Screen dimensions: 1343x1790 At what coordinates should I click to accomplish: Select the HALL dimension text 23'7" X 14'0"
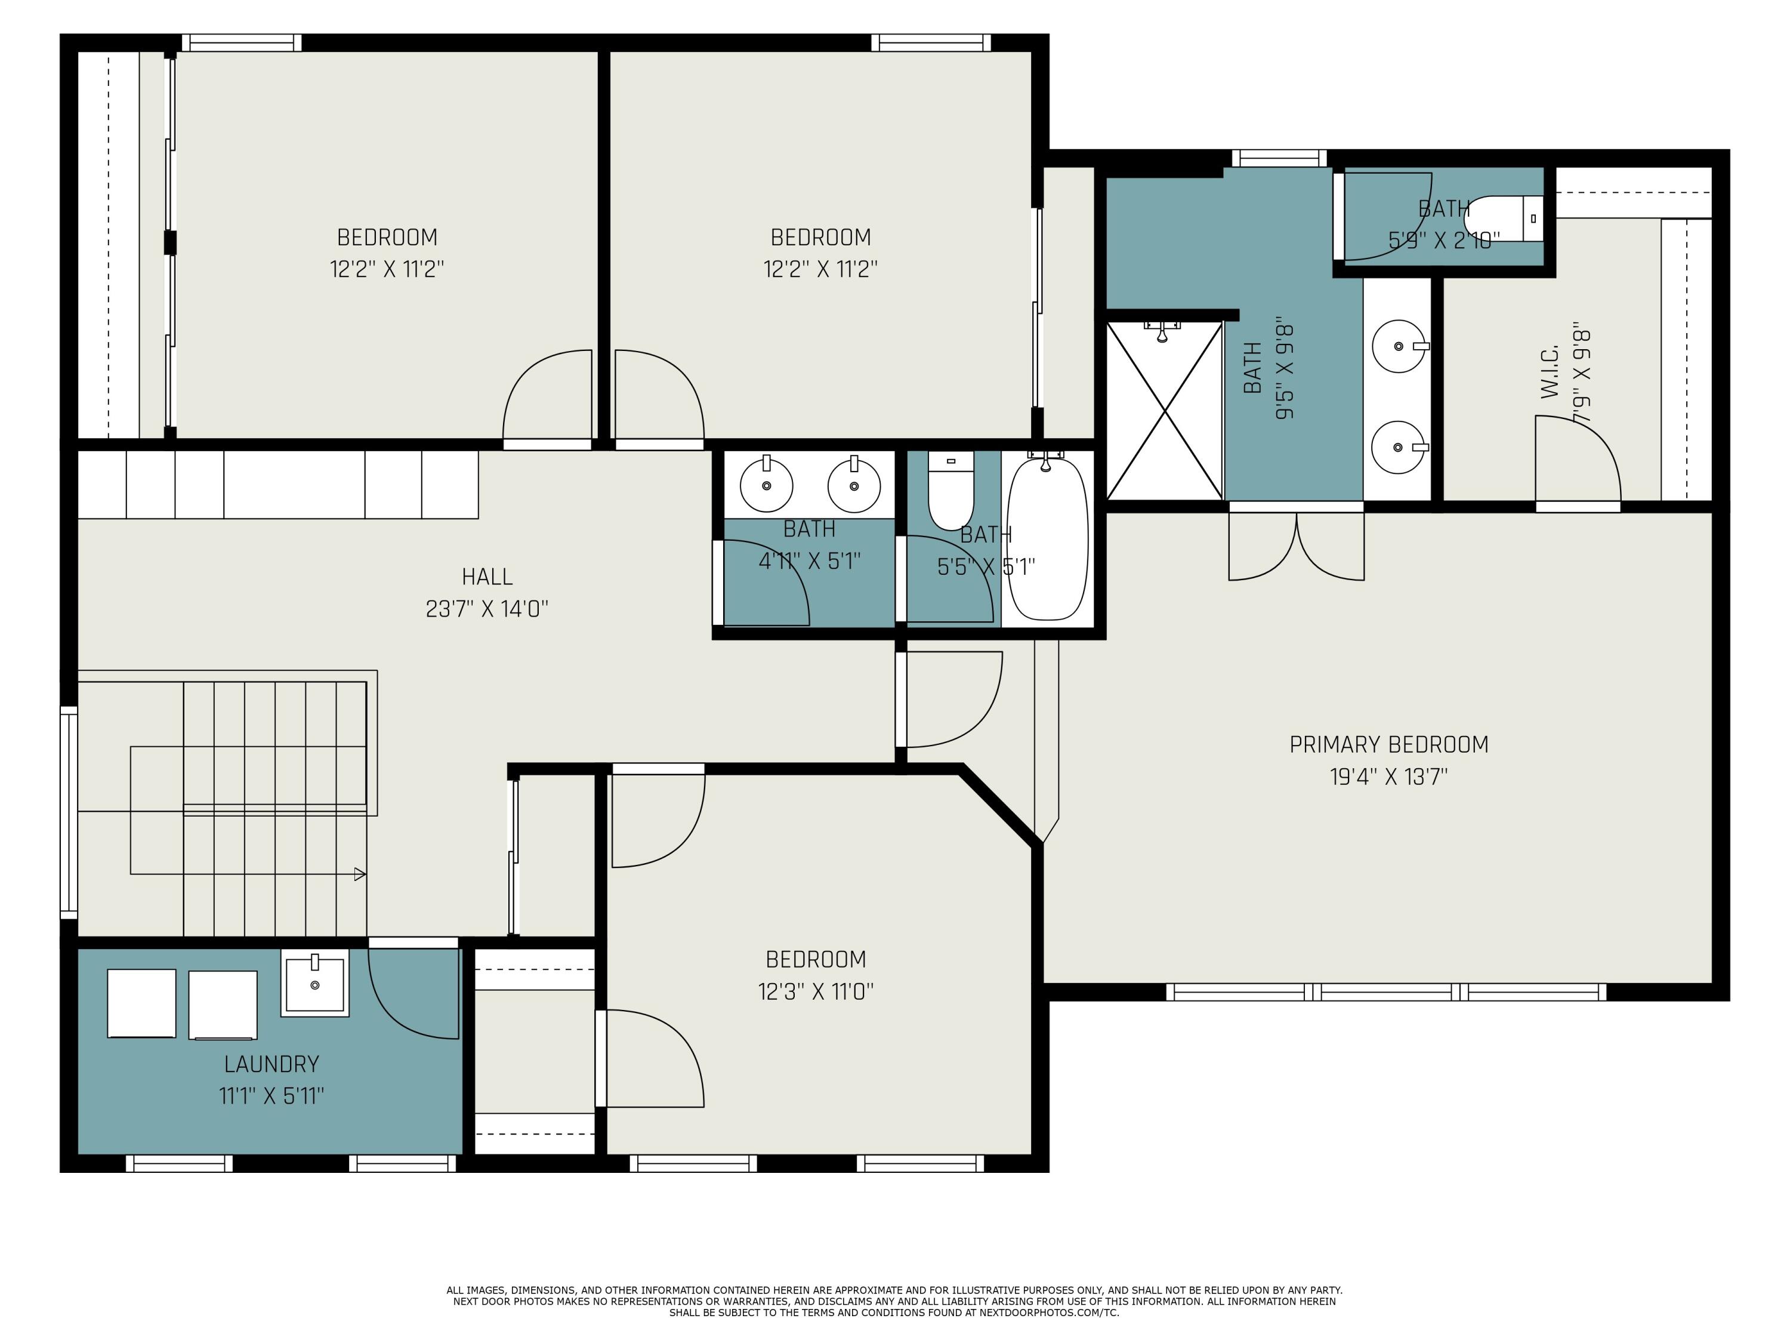tap(486, 609)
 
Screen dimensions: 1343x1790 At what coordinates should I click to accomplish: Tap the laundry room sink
tap(315, 984)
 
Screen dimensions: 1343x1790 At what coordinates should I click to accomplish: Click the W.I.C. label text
tap(1549, 373)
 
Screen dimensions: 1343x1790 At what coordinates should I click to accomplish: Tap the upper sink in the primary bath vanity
tap(1399, 346)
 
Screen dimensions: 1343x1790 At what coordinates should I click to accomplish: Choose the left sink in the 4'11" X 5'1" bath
tap(766, 484)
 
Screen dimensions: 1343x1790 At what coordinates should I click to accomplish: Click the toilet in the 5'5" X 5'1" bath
tap(951, 491)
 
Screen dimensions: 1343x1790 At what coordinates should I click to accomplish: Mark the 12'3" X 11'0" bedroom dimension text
tap(816, 991)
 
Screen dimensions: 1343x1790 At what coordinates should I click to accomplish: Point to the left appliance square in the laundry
tap(141, 1003)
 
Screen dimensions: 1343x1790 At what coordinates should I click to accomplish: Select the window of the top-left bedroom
tap(241, 42)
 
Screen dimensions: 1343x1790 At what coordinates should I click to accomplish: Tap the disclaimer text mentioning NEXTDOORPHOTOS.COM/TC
tap(894, 1313)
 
